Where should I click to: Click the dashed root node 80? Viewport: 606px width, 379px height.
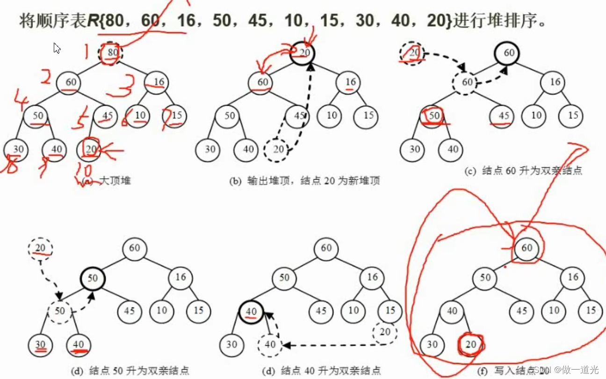[112, 53]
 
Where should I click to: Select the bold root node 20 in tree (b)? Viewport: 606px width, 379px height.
[304, 53]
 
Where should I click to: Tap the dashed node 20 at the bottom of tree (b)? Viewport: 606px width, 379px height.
[278, 150]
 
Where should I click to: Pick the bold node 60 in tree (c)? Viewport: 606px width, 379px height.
[508, 53]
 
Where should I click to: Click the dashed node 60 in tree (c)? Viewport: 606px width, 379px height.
[467, 83]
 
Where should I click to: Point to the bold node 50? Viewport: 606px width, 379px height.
[93, 278]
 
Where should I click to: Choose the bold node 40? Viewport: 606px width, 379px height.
[252, 311]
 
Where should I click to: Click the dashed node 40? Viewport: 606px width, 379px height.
[270, 345]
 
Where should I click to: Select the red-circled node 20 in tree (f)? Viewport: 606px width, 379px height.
[471, 345]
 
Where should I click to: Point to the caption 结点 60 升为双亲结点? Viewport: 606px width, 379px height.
[532, 171]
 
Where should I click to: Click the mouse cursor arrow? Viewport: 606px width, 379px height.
[57, 48]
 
